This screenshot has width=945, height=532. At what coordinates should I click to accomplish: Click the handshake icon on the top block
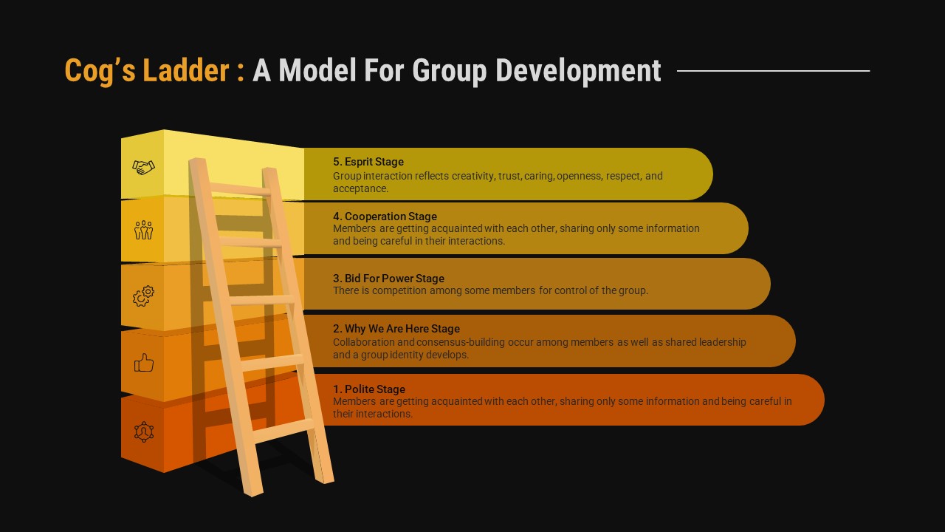(143, 168)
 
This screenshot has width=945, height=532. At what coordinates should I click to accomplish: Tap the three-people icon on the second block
(143, 230)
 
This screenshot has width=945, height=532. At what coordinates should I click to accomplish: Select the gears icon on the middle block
(143, 296)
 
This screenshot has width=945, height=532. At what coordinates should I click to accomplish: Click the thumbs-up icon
(143, 363)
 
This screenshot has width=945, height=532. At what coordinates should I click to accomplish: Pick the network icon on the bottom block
(143, 432)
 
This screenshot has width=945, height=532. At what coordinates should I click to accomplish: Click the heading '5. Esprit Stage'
(368, 162)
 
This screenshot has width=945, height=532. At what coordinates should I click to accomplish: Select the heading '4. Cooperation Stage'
(385, 216)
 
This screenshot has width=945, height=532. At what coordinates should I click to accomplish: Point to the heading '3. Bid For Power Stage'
(388, 279)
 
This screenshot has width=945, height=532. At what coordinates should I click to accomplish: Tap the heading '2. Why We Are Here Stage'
(396, 329)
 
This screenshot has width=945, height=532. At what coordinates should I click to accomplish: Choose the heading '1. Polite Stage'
(369, 389)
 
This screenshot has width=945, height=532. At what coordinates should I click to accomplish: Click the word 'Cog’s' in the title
(100, 71)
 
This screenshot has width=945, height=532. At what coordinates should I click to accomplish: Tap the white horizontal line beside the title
(773, 71)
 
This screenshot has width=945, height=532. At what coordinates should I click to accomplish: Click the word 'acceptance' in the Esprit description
(359, 188)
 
